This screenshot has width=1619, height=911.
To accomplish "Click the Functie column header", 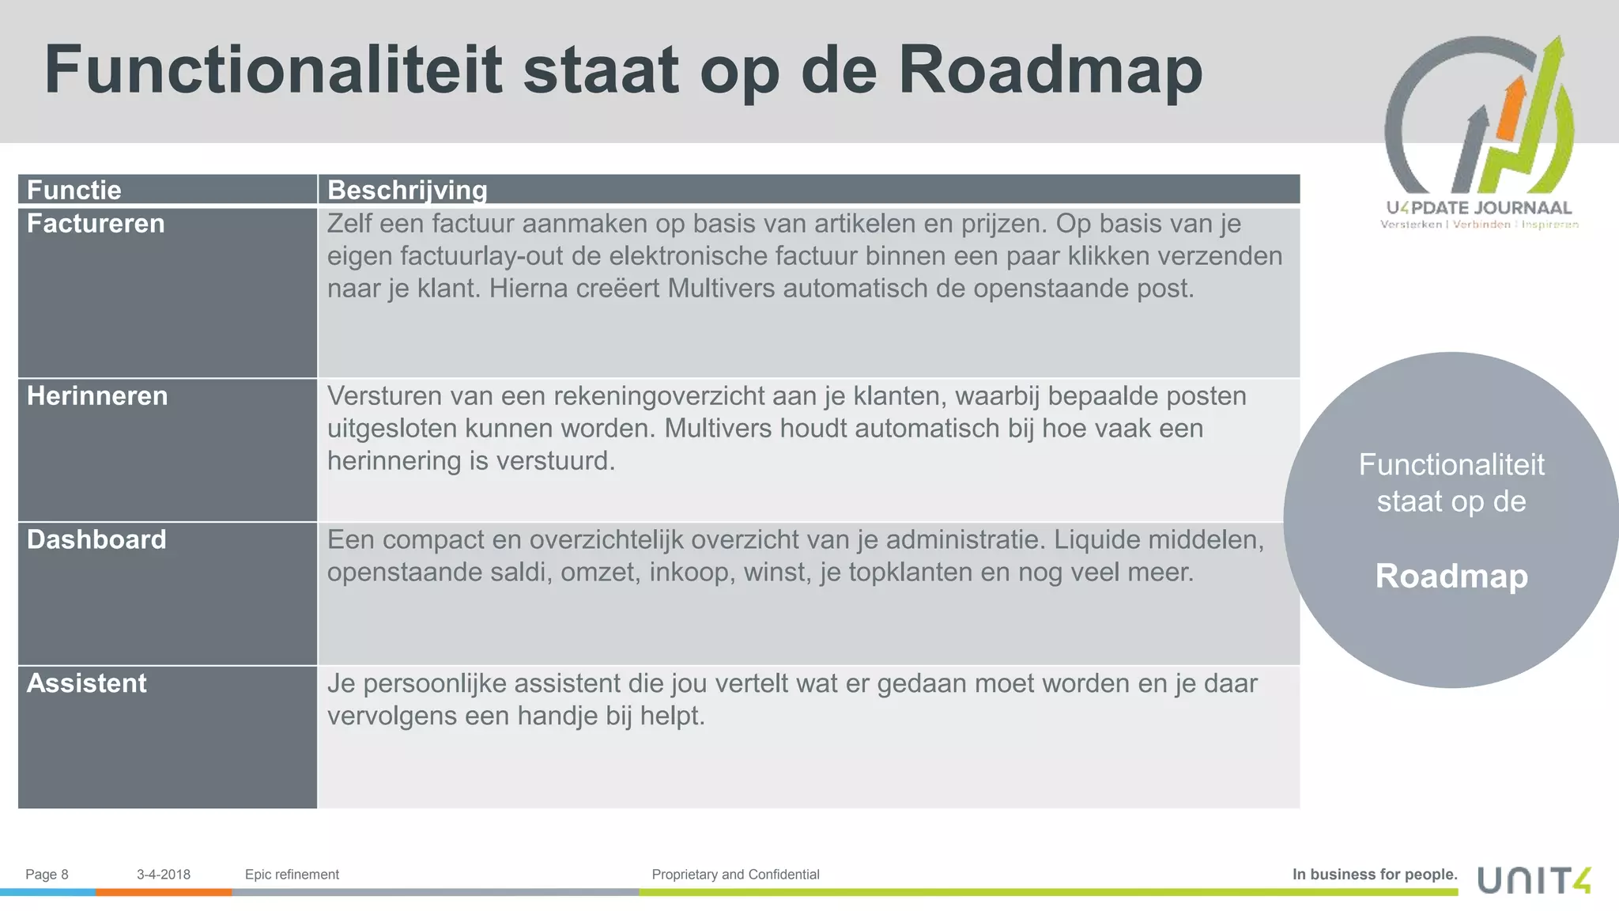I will [x=74, y=190].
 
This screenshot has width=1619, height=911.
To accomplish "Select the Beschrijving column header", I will [x=407, y=190].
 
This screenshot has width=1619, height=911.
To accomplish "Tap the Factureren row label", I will [x=96, y=224].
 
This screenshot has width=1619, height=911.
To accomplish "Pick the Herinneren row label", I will [x=97, y=395].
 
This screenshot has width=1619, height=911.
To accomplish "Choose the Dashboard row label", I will [x=96, y=539].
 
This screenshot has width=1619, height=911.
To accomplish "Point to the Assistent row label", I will [x=87, y=683].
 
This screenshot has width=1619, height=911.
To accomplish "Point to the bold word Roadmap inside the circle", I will [x=1451, y=576].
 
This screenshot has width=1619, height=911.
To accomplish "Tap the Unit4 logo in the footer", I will [x=1534, y=879].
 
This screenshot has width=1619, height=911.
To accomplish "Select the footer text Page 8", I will [x=47, y=875].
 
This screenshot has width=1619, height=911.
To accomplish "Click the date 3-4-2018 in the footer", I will [x=164, y=875].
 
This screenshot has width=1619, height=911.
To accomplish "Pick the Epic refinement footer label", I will [x=292, y=875].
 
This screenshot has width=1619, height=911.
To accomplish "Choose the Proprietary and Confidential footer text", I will [x=735, y=875].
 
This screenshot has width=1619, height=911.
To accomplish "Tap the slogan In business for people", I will [x=1375, y=875].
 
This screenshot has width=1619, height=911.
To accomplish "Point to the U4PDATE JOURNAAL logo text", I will [x=1479, y=208].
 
